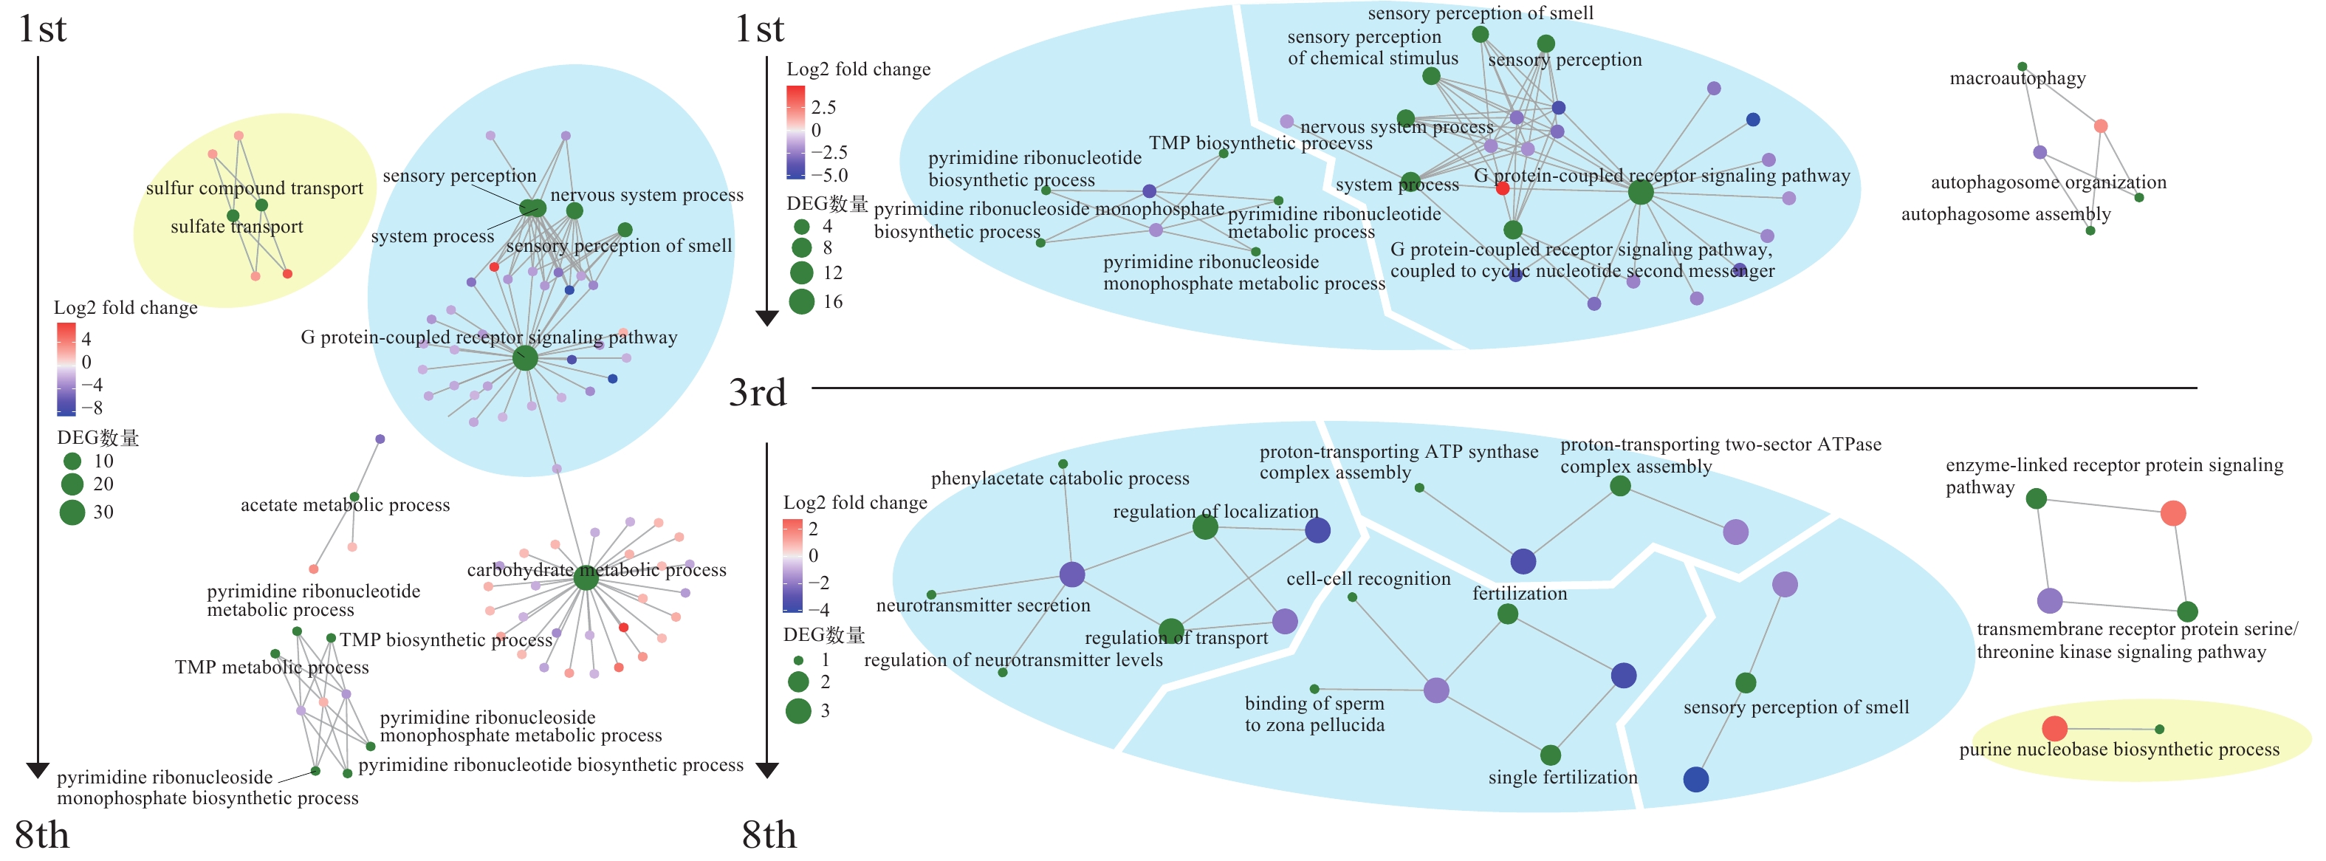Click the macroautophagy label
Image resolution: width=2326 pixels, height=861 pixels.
[2017, 78]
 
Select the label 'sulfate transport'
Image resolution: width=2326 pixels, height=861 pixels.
[236, 227]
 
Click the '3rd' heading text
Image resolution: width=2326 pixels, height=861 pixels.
[758, 393]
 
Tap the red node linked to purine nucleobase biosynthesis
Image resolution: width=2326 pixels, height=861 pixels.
[2054, 728]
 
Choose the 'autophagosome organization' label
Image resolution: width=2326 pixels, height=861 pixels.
[2048, 182]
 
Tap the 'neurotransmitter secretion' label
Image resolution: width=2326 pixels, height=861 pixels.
[982, 606]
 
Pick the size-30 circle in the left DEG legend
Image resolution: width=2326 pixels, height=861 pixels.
[72, 512]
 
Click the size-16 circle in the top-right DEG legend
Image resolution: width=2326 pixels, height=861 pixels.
[801, 301]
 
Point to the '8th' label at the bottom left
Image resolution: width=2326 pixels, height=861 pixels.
[42, 835]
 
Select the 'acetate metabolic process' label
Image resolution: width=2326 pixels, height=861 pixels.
[345, 505]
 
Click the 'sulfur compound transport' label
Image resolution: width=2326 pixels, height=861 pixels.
[254, 188]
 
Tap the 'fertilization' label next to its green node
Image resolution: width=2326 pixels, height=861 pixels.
[1520, 594]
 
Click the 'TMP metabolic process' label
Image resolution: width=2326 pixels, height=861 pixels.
[271, 668]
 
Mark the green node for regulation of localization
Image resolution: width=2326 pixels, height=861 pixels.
[1204, 527]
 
